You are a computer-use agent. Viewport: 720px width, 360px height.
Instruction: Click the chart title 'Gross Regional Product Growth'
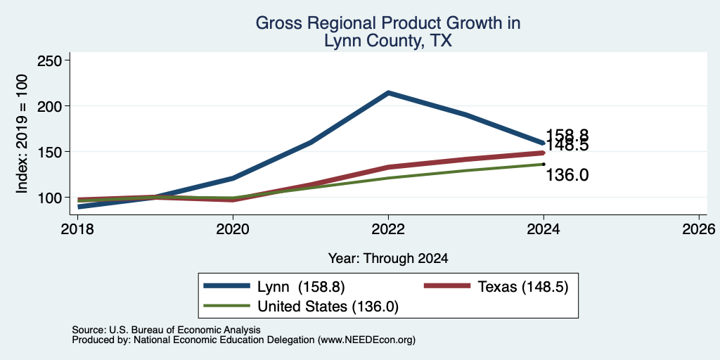point(387,23)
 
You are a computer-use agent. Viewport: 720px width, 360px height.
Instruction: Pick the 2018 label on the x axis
point(78,229)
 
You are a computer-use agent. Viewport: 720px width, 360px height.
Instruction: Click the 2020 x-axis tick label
point(233,229)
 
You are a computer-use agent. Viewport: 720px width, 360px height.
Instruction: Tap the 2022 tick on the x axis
point(388,229)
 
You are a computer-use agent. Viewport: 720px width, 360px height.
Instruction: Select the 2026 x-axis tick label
point(699,229)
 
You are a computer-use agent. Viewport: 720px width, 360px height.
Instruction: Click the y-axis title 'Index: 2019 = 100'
point(22,134)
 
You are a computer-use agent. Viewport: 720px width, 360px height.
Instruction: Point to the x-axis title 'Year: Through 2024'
point(388,259)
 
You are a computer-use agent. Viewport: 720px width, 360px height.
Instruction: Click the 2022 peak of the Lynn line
point(388,93)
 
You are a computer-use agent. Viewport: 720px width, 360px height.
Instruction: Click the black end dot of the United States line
point(544,164)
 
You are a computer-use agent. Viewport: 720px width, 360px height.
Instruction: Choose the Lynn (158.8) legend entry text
point(301,287)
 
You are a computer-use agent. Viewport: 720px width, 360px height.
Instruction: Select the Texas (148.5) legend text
point(523,287)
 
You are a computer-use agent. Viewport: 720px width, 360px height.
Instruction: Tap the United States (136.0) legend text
point(328,307)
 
